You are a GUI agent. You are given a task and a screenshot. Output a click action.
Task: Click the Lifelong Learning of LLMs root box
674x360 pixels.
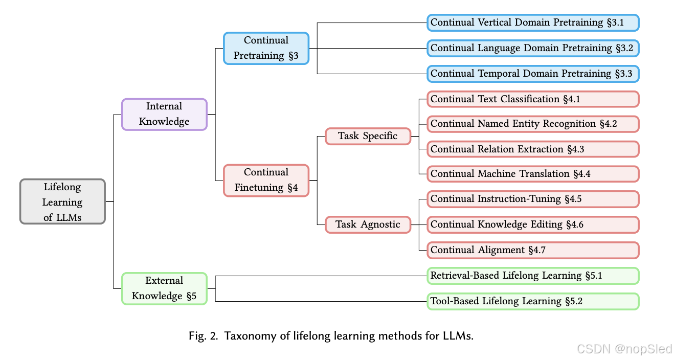(62, 201)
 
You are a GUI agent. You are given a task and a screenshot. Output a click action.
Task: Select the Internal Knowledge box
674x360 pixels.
(164, 115)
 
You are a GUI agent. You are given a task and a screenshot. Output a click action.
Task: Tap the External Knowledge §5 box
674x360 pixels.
(164, 288)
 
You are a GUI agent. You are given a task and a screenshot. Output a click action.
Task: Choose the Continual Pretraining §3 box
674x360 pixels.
(266, 48)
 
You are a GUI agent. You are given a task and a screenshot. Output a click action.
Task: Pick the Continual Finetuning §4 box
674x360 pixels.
(266, 181)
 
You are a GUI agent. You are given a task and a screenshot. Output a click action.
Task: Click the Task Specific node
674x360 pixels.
(368, 137)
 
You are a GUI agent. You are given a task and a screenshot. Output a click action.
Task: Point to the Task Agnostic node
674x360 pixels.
(368, 224)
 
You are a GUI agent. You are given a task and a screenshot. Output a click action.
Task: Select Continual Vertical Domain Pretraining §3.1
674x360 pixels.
(533, 22)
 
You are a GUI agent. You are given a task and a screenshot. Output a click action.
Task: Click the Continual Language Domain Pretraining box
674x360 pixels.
(533, 48)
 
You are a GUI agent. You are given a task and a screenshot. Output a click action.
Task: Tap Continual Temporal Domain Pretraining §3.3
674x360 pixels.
(533, 74)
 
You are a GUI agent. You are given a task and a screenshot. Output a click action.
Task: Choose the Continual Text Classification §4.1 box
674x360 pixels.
(533, 99)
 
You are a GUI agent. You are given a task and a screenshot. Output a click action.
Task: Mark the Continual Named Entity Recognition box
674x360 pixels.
(533, 124)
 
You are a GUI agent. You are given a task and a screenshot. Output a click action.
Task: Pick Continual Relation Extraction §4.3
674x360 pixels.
(533, 149)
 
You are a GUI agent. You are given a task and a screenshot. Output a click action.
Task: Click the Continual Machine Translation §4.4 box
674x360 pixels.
(533, 174)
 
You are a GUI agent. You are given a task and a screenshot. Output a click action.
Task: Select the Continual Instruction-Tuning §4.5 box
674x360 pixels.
(533, 199)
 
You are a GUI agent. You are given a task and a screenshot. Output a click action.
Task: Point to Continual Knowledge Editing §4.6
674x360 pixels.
(533, 224)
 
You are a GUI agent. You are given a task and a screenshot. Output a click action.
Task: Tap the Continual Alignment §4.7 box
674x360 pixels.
(533, 250)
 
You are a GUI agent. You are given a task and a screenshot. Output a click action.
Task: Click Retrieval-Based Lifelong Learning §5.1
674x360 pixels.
(533, 276)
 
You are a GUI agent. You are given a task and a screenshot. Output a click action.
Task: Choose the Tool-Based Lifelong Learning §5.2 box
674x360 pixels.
(533, 301)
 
